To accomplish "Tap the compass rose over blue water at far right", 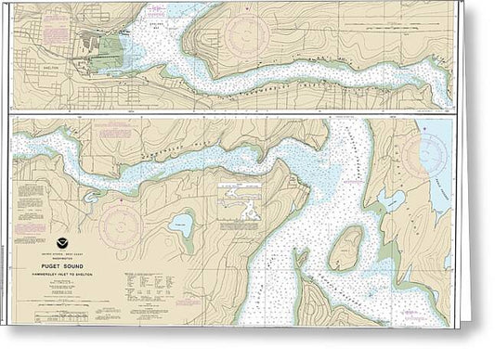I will coord(433,150).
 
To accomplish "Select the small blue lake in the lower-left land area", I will coord(182,224).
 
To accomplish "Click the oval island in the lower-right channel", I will coord(345,249).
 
